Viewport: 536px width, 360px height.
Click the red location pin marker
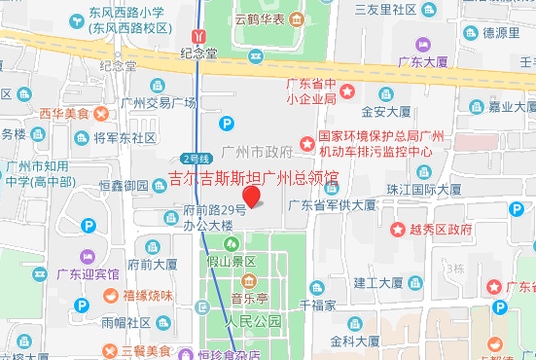[252, 197]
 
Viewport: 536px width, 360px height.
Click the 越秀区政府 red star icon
[397, 230]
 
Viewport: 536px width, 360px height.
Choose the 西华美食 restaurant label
[64, 114]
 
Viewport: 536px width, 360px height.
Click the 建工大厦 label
[377, 283]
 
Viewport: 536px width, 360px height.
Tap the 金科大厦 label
[354, 342]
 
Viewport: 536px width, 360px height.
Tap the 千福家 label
[317, 305]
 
